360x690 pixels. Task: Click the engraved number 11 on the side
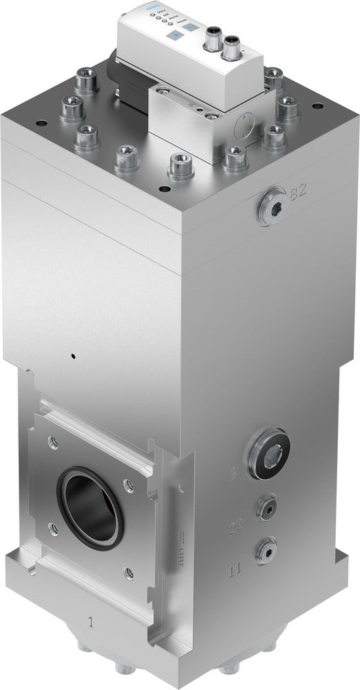234,570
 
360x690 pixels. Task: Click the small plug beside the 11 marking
264,550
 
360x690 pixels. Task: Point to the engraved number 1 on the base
89,621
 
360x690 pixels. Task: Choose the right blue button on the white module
191,28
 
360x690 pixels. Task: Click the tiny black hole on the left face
71,357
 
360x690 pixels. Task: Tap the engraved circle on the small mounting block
243,126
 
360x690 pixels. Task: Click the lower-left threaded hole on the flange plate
53,529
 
